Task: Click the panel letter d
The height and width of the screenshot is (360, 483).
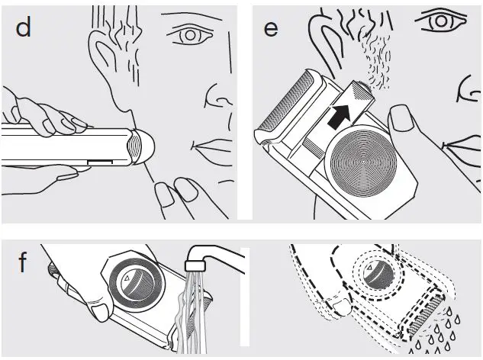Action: tap(24, 29)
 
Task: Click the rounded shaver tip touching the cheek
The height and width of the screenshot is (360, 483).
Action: tap(142, 146)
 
